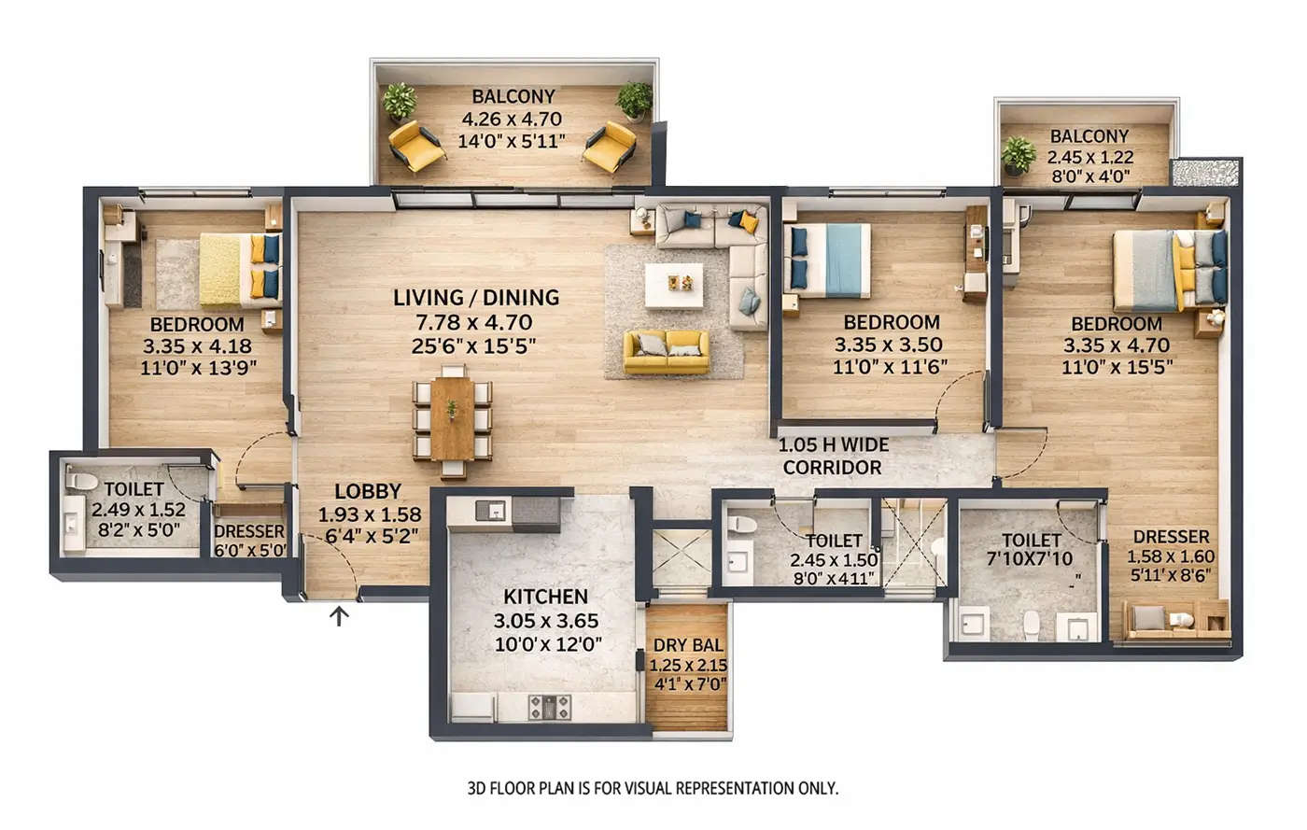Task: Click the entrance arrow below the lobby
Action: (340, 615)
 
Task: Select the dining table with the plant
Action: (453, 418)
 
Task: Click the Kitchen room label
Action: (545, 597)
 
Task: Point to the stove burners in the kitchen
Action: (550, 707)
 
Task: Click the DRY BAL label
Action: (687, 645)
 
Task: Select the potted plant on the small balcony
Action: (1018, 154)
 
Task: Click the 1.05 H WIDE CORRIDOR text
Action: (833, 456)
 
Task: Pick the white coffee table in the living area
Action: (674, 284)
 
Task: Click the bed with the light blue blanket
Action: (830, 260)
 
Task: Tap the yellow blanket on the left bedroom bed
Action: (221, 269)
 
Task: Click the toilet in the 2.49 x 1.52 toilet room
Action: (82, 482)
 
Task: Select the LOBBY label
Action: (367, 491)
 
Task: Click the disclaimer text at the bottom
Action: (652, 788)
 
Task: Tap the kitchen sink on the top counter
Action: (491, 510)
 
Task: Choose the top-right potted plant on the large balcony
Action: (634, 99)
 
